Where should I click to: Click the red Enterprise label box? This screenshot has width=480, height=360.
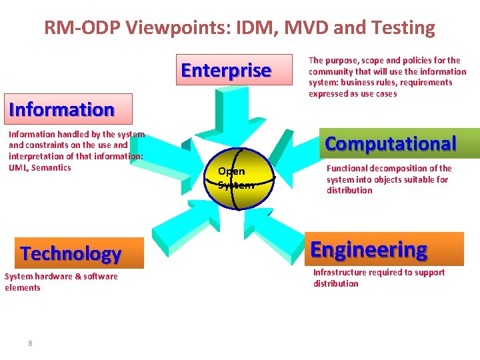pos(226,70)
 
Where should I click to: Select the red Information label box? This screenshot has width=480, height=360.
pos(61,109)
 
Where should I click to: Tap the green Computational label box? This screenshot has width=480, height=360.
pos(391,143)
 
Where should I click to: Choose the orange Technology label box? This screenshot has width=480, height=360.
pos(71,253)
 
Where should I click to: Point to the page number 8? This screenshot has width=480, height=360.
pos(30,343)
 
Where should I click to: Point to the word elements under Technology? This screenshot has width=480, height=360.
pos(23,287)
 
